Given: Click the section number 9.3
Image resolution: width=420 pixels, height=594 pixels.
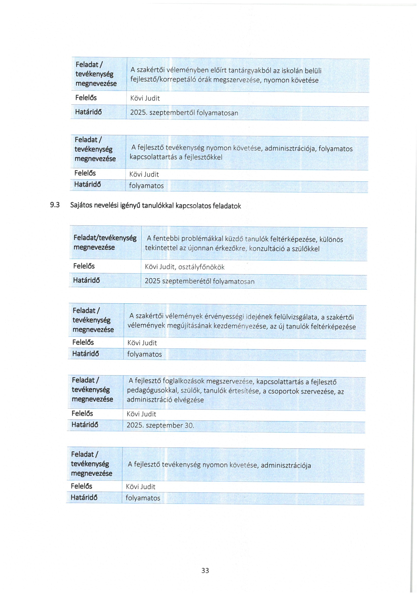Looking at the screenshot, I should pyautogui.click(x=55, y=205).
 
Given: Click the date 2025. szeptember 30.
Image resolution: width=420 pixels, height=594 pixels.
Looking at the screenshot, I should pyautogui.click(x=160, y=425).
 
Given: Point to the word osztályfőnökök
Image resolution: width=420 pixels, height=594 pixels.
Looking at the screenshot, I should pyautogui.click(x=201, y=267).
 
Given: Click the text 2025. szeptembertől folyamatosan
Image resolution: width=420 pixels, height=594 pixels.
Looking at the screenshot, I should pyautogui.click(x=184, y=113).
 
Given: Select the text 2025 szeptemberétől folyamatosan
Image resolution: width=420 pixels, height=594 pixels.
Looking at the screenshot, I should pyautogui.click(x=199, y=281).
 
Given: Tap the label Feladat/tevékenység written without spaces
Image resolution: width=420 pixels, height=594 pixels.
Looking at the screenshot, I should pyautogui.click(x=105, y=238).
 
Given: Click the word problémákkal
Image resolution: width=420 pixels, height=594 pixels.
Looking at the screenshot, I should pyautogui.click(x=198, y=239).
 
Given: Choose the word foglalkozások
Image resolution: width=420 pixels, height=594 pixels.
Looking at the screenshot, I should pyautogui.click(x=183, y=381).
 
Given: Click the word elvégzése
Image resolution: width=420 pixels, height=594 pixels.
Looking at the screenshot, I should pyautogui.click(x=189, y=400).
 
